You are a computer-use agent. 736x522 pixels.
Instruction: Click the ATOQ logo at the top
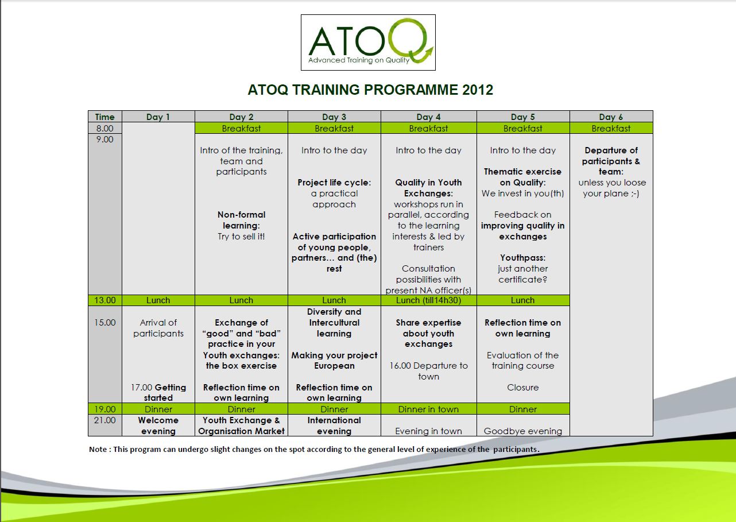[368, 42]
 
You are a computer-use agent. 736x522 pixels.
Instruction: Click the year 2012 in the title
[478, 90]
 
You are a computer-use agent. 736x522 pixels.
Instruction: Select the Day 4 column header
[428, 117]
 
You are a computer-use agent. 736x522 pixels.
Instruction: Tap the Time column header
[105, 117]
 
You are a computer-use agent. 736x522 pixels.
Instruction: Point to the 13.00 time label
[105, 300]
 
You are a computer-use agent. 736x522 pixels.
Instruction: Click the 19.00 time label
[105, 409]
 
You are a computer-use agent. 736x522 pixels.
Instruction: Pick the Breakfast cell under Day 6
[611, 128]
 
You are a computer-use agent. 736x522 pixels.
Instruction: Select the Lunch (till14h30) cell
[428, 300]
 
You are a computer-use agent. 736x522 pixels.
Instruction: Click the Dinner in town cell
[428, 409]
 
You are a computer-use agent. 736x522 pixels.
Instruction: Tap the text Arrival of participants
[158, 328]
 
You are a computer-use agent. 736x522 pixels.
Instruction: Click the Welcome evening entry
[158, 426]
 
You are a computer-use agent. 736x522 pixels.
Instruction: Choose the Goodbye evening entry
[523, 431]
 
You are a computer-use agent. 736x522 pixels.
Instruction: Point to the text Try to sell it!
[241, 237]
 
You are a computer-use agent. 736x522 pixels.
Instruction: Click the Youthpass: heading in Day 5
[523, 258]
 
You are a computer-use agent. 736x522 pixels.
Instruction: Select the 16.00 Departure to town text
[428, 371]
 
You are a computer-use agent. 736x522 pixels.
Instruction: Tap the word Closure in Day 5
[523, 387]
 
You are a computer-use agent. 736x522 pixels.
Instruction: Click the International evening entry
[334, 426]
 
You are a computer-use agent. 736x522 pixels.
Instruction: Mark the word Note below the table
[98, 449]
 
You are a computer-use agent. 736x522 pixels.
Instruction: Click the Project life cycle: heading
[334, 183]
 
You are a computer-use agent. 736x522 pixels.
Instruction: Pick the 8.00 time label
[105, 128]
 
